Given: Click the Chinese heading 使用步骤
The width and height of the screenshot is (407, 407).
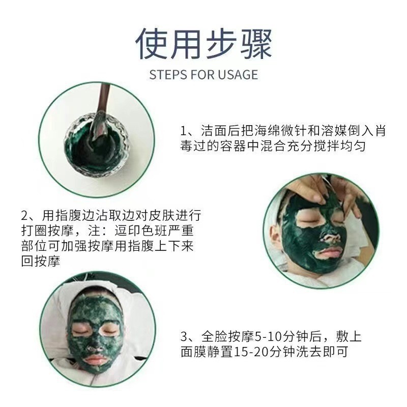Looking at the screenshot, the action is pyautogui.click(x=203, y=44).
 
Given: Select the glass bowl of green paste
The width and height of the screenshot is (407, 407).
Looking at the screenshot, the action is pyautogui.click(x=97, y=146).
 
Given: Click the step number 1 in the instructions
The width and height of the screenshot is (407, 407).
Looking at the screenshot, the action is pyautogui.click(x=184, y=131).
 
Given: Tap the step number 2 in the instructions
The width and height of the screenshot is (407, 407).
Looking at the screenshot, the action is pyautogui.click(x=25, y=215).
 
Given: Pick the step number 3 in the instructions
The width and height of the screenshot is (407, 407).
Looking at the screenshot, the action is pyautogui.click(x=184, y=337).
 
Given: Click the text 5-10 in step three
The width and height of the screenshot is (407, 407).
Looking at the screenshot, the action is pyautogui.click(x=268, y=337).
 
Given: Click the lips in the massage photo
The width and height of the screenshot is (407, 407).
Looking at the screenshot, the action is pyautogui.click(x=328, y=251).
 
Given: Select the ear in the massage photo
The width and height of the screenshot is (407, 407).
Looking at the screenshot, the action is pyautogui.click(x=275, y=232).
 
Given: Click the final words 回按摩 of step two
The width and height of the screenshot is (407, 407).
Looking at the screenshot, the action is pyautogui.click(x=41, y=261).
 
